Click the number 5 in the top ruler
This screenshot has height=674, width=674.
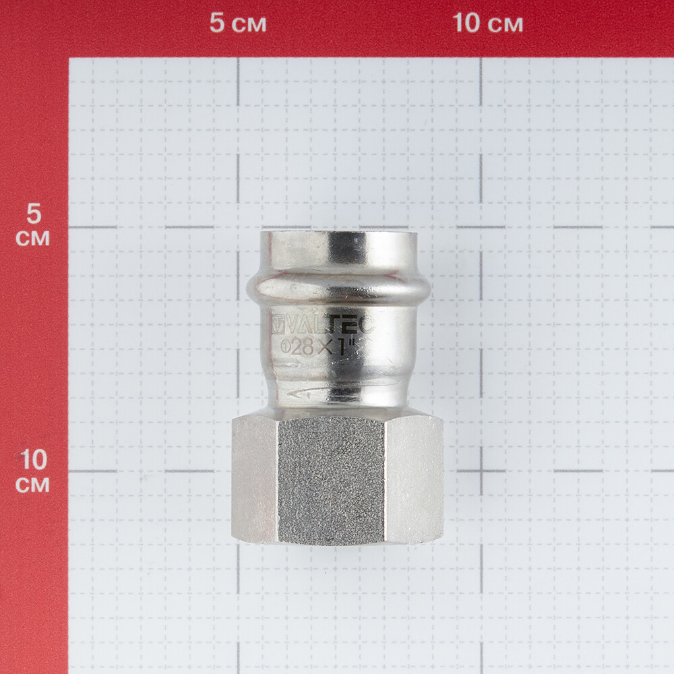[x=217, y=23]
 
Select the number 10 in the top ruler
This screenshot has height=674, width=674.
[x=467, y=23]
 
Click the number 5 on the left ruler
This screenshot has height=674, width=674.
[x=34, y=214]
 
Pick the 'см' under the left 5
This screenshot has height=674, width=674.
[x=32, y=239]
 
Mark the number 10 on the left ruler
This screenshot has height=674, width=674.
[x=33, y=460]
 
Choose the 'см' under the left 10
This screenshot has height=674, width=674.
[x=32, y=485]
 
